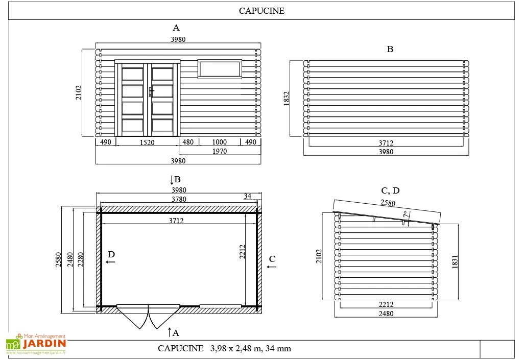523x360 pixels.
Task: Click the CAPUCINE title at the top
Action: (261, 11)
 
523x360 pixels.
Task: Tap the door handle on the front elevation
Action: (151, 91)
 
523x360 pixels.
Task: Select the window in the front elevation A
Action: (219, 69)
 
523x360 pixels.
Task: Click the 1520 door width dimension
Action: (147, 142)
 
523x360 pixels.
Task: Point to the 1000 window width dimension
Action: (219, 142)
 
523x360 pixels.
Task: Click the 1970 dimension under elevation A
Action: (219, 151)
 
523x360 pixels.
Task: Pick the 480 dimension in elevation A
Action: (188, 142)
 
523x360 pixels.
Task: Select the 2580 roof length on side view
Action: (387, 203)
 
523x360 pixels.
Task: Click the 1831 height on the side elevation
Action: (455, 261)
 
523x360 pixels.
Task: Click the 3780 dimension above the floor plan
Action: (178, 199)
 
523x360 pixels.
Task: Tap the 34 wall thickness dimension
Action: (248, 196)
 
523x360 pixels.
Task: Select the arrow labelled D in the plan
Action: (111, 257)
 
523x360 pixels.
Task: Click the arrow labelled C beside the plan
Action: (272, 262)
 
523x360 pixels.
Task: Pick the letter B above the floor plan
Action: (177, 180)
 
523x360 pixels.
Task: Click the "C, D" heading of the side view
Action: (390, 191)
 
